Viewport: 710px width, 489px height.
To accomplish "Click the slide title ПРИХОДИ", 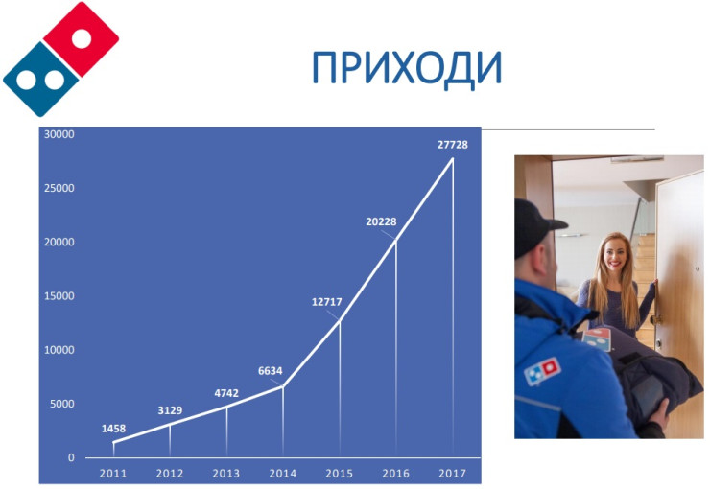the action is pos(407,69).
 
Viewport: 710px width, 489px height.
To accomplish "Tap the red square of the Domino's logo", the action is pos(81,39).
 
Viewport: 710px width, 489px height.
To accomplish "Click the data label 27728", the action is pos(452,145).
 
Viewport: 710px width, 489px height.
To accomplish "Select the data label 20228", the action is pos(381,221).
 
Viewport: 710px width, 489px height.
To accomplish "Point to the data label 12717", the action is pos(326,302).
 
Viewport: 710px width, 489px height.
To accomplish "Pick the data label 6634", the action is pos(271,371).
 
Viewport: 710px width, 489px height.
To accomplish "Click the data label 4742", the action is pos(226,393).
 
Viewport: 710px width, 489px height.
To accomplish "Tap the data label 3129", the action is pos(170,410).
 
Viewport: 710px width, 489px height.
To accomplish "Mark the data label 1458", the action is pos(113,429).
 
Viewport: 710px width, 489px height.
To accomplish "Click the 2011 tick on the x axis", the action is pos(113,473).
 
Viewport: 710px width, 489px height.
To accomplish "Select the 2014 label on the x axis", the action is pos(282,473).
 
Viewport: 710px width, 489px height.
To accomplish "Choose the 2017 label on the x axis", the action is pos(452,473).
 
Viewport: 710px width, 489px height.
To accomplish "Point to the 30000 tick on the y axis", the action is pos(59,134).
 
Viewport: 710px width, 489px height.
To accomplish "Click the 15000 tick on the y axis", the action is pos(59,296).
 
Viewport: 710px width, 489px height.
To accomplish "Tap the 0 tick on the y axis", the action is pos(71,457).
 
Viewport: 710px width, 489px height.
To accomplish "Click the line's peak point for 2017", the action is pos(452,158).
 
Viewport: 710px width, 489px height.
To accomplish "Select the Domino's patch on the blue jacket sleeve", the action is pos(542,371).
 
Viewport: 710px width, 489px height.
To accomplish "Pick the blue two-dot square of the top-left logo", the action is pos(41,80).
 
